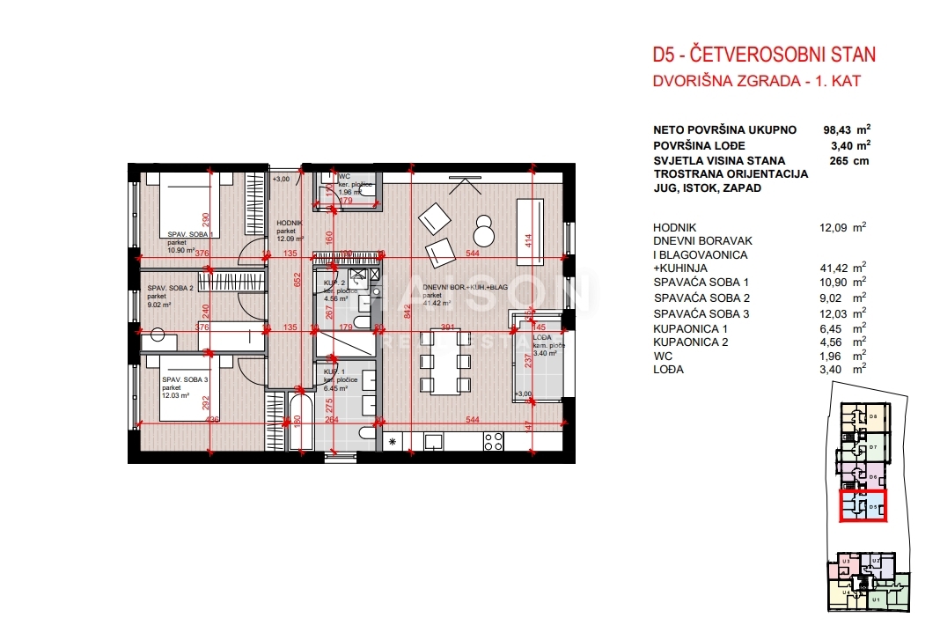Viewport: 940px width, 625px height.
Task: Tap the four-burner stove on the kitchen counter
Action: pos(494,442)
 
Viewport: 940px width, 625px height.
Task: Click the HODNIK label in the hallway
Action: pos(290,224)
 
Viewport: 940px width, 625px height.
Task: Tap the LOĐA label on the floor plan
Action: pos(542,336)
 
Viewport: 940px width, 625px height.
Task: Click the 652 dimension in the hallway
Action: pos(297,280)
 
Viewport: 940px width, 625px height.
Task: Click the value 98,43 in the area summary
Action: pos(840,129)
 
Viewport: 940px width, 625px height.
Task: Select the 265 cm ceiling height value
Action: pos(844,161)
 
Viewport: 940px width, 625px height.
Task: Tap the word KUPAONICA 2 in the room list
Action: pos(689,342)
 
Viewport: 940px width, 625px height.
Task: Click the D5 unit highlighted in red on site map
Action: pos(863,506)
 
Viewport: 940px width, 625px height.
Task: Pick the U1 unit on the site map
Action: pos(875,599)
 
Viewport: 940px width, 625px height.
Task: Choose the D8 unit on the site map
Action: pos(872,416)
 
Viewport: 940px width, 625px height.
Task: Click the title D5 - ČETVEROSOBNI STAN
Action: pos(763,55)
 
